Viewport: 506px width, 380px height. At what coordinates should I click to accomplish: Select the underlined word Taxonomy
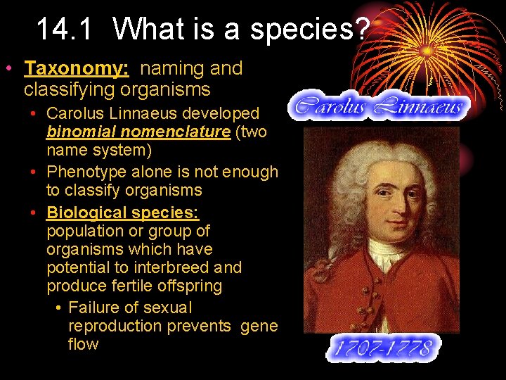pyautogui.click(x=74, y=68)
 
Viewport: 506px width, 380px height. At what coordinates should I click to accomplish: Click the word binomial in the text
pyautogui.click(x=78, y=132)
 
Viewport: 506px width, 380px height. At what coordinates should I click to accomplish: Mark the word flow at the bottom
pyautogui.click(x=83, y=344)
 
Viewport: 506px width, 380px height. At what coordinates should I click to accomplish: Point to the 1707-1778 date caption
pyautogui.click(x=382, y=348)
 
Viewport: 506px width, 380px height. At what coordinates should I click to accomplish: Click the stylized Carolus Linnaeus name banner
pyautogui.click(x=379, y=106)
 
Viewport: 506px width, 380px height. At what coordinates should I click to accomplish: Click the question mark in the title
pyautogui.click(x=361, y=30)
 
